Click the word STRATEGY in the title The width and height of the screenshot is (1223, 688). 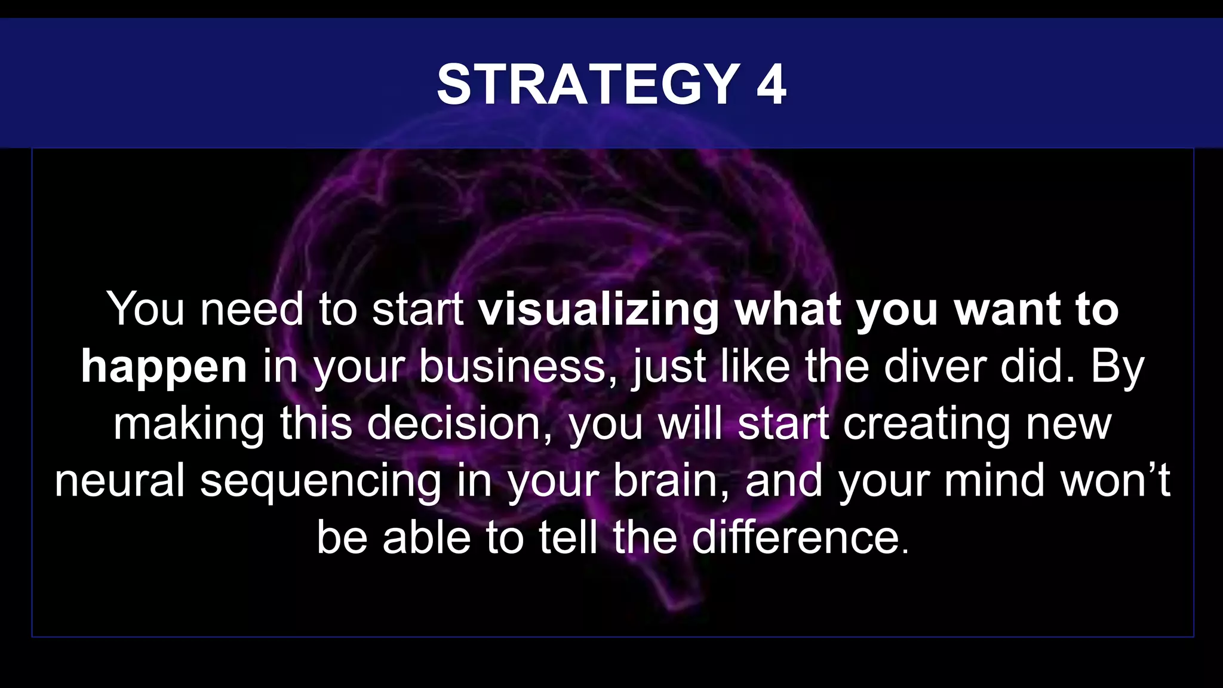click(x=588, y=85)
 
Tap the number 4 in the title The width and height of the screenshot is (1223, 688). click(x=771, y=85)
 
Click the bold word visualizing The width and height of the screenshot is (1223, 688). click(x=598, y=310)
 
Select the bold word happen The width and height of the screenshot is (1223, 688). click(x=164, y=367)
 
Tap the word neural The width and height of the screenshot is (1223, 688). click(x=119, y=480)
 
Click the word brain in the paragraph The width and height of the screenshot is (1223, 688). click(x=670, y=480)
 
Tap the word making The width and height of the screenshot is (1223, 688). click(x=189, y=424)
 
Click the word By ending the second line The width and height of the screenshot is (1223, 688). click(x=1117, y=367)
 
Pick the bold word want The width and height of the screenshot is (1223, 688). click(x=1006, y=310)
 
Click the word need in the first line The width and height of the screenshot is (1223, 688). click(x=251, y=310)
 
